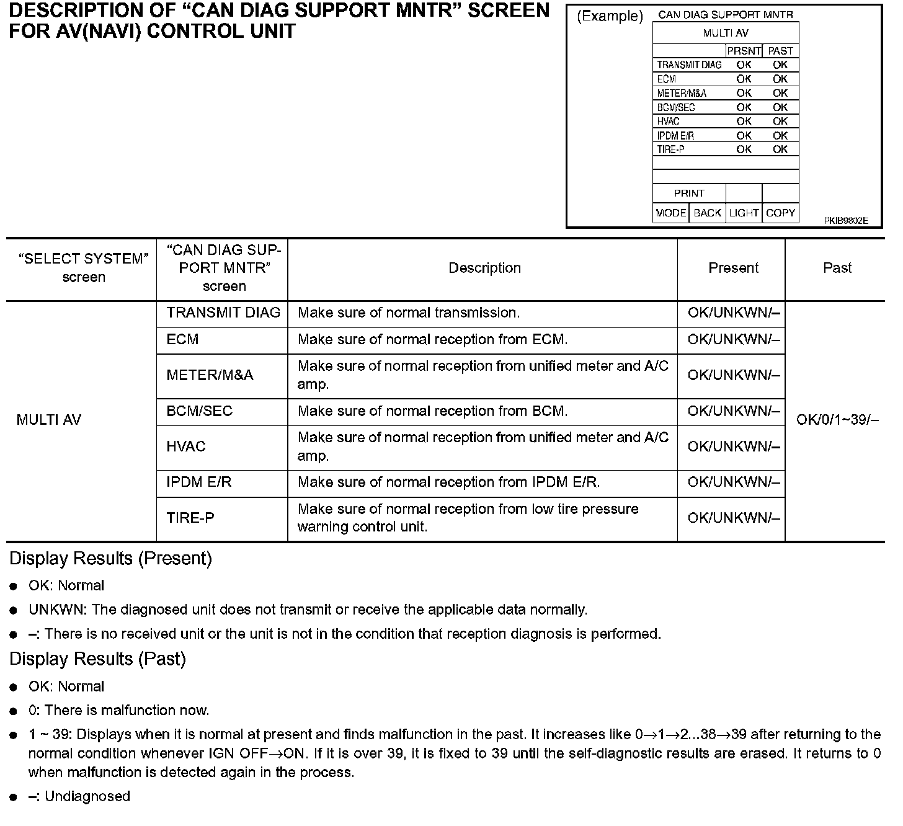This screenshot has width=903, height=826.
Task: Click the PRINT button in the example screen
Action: click(x=689, y=193)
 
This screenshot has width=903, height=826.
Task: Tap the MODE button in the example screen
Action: click(x=670, y=213)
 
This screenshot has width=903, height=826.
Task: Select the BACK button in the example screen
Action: click(x=707, y=213)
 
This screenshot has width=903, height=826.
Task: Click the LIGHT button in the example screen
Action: click(x=744, y=213)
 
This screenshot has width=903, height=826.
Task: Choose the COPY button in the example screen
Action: click(x=780, y=213)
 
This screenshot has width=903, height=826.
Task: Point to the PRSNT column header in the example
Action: click(x=744, y=51)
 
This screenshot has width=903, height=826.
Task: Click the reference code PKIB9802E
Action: click(x=846, y=221)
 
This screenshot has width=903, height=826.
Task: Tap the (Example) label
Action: click(x=610, y=17)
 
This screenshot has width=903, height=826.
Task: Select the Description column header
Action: click(x=484, y=268)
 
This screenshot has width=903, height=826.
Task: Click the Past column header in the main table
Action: click(x=837, y=268)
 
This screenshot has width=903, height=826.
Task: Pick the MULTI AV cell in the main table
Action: click(x=49, y=420)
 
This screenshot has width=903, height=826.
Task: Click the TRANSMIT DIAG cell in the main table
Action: click(x=223, y=313)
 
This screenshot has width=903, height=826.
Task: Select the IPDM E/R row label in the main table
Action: click(x=199, y=482)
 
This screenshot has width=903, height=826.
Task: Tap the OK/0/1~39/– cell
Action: click(x=837, y=420)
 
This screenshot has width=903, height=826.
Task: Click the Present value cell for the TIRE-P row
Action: click(x=734, y=518)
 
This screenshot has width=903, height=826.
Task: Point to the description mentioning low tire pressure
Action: click(x=468, y=518)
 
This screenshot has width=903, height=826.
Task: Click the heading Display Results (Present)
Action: click(x=110, y=559)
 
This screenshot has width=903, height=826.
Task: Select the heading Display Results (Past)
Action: click(x=97, y=659)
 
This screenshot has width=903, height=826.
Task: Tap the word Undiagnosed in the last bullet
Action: click(x=87, y=796)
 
